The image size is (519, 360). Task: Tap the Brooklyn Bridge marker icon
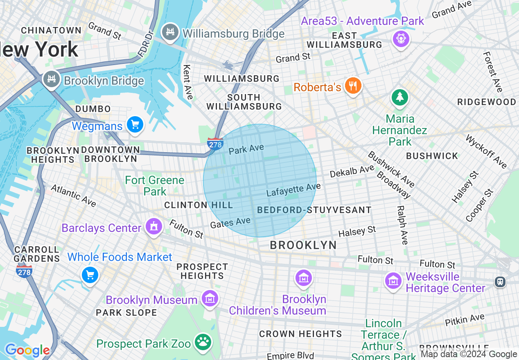point(52,80)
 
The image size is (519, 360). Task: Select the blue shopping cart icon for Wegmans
point(135,124)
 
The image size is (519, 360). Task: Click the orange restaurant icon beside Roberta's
point(352,86)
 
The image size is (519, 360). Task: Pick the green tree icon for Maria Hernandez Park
point(400,97)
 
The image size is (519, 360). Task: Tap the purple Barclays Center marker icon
point(154,227)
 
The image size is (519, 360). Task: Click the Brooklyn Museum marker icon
point(210,299)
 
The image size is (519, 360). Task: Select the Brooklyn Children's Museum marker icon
point(304,279)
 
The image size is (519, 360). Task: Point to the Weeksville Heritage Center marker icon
point(393,281)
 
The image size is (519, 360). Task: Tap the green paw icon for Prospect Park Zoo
point(202,342)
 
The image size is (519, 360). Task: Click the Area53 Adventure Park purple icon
point(401,39)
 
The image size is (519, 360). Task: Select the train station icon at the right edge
point(500,281)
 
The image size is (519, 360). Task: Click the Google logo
point(27,350)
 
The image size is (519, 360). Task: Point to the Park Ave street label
point(246,149)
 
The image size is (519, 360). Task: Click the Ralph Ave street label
point(402,225)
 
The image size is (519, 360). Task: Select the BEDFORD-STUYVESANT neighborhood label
point(314,210)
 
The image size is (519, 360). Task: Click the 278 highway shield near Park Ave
point(215,144)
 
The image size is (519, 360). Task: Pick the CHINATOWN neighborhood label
point(51,30)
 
